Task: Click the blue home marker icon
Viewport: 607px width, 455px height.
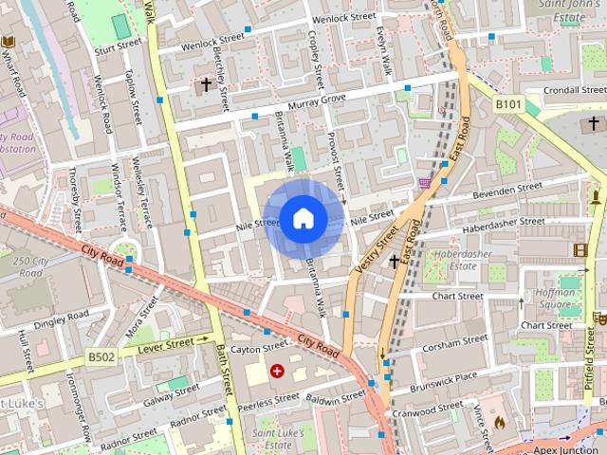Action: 303,219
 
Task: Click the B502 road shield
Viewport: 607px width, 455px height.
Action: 101,357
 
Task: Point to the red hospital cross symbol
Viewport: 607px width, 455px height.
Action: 278,372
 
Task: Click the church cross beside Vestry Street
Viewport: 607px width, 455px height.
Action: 394,261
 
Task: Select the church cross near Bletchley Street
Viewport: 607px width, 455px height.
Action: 205,84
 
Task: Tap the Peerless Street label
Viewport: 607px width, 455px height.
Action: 268,401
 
